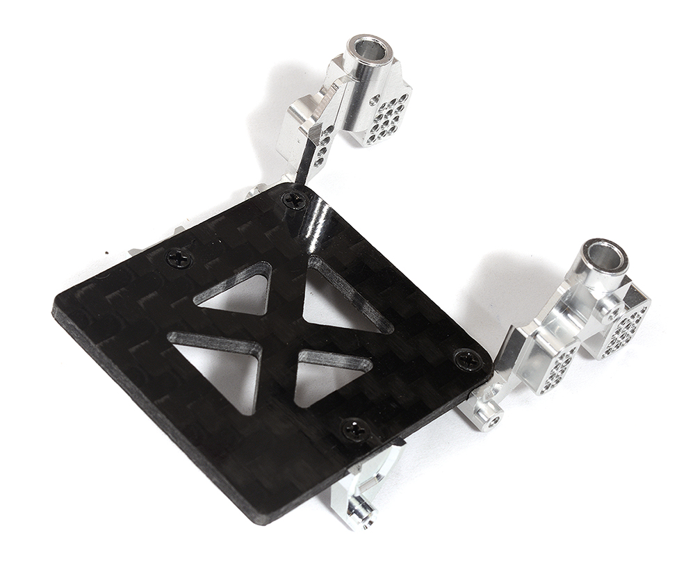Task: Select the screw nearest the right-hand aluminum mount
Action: [465, 358]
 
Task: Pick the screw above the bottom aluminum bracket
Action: [357, 430]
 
